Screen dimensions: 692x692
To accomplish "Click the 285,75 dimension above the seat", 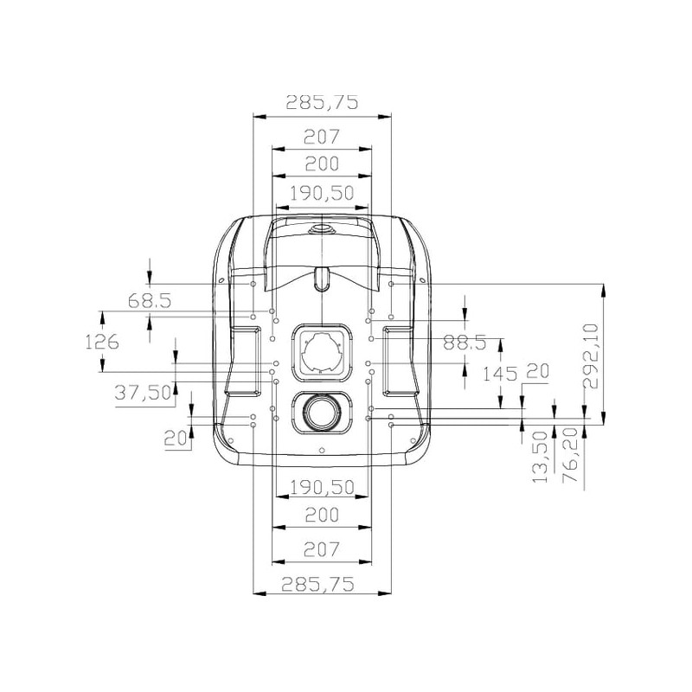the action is click(x=322, y=102).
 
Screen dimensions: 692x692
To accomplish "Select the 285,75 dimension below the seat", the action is click(x=317, y=585).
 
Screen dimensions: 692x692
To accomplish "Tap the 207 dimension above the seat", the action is click(x=322, y=137).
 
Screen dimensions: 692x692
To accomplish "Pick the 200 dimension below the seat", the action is click(x=322, y=515).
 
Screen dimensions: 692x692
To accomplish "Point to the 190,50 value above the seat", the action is click(x=322, y=193).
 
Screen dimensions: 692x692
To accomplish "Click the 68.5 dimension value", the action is click(x=149, y=301).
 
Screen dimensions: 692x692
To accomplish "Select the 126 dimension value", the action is click(x=102, y=342).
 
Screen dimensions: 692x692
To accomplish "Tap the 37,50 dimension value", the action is click(x=143, y=392).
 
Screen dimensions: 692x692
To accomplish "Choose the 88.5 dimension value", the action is click(x=465, y=342).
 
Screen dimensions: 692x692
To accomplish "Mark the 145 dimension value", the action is click(x=499, y=375).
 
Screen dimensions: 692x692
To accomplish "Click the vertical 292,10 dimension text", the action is click(x=591, y=356).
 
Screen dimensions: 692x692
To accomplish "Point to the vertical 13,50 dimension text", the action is click(x=539, y=457).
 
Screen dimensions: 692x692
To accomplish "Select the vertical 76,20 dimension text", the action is click(x=570, y=455).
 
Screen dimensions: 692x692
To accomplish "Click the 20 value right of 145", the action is click(x=537, y=371).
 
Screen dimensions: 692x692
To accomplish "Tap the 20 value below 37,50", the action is click(x=176, y=439).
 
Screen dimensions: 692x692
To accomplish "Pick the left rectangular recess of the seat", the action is click(x=243, y=361).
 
